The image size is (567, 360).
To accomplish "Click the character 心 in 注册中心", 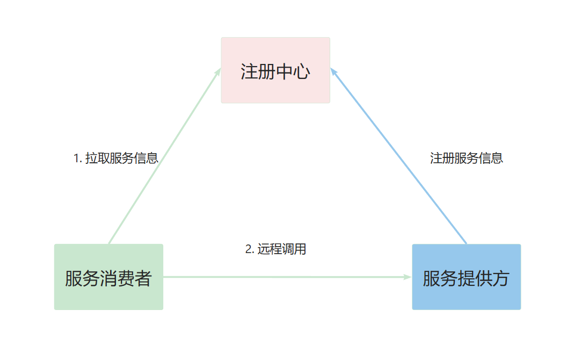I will [x=302, y=71].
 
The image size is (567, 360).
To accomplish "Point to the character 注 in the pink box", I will [x=249, y=71].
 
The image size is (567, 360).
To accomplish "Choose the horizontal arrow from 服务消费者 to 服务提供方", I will [x=285, y=277].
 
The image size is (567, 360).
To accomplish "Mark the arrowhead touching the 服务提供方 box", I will [x=408, y=277].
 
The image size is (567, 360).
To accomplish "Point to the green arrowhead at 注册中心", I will [x=217, y=72].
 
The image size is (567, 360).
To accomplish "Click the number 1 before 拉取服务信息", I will [x=77, y=159].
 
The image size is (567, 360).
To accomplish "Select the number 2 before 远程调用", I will [x=249, y=249].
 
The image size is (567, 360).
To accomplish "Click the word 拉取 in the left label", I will [x=97, y=159].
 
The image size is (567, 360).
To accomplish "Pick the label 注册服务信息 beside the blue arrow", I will [x=466, y=159].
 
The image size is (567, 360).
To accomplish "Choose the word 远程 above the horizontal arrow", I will [x=270, y=249].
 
